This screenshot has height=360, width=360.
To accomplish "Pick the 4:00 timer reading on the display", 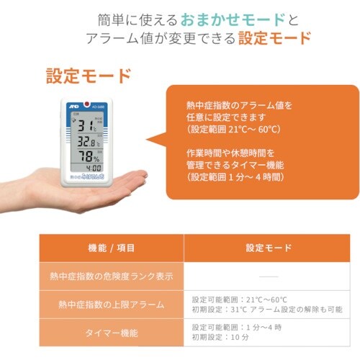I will (x=94, y=170).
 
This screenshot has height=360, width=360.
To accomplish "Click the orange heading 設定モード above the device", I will (x=89, y=75).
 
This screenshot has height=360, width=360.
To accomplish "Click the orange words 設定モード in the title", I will (x=276, y=37).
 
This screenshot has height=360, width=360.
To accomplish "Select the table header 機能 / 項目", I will (x=111, y=248).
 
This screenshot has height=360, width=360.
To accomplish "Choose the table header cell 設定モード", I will (x=268, y=248).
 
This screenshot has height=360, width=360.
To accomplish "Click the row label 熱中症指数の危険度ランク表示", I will (x=111, y=276).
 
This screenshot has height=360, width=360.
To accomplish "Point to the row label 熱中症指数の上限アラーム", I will (x=111, y=305).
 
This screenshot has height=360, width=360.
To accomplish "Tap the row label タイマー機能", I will (x=111, y=333).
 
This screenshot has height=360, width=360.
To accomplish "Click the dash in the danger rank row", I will (x=268, y=276).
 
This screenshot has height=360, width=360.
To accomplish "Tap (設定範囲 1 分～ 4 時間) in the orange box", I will (x=236, y=176).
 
